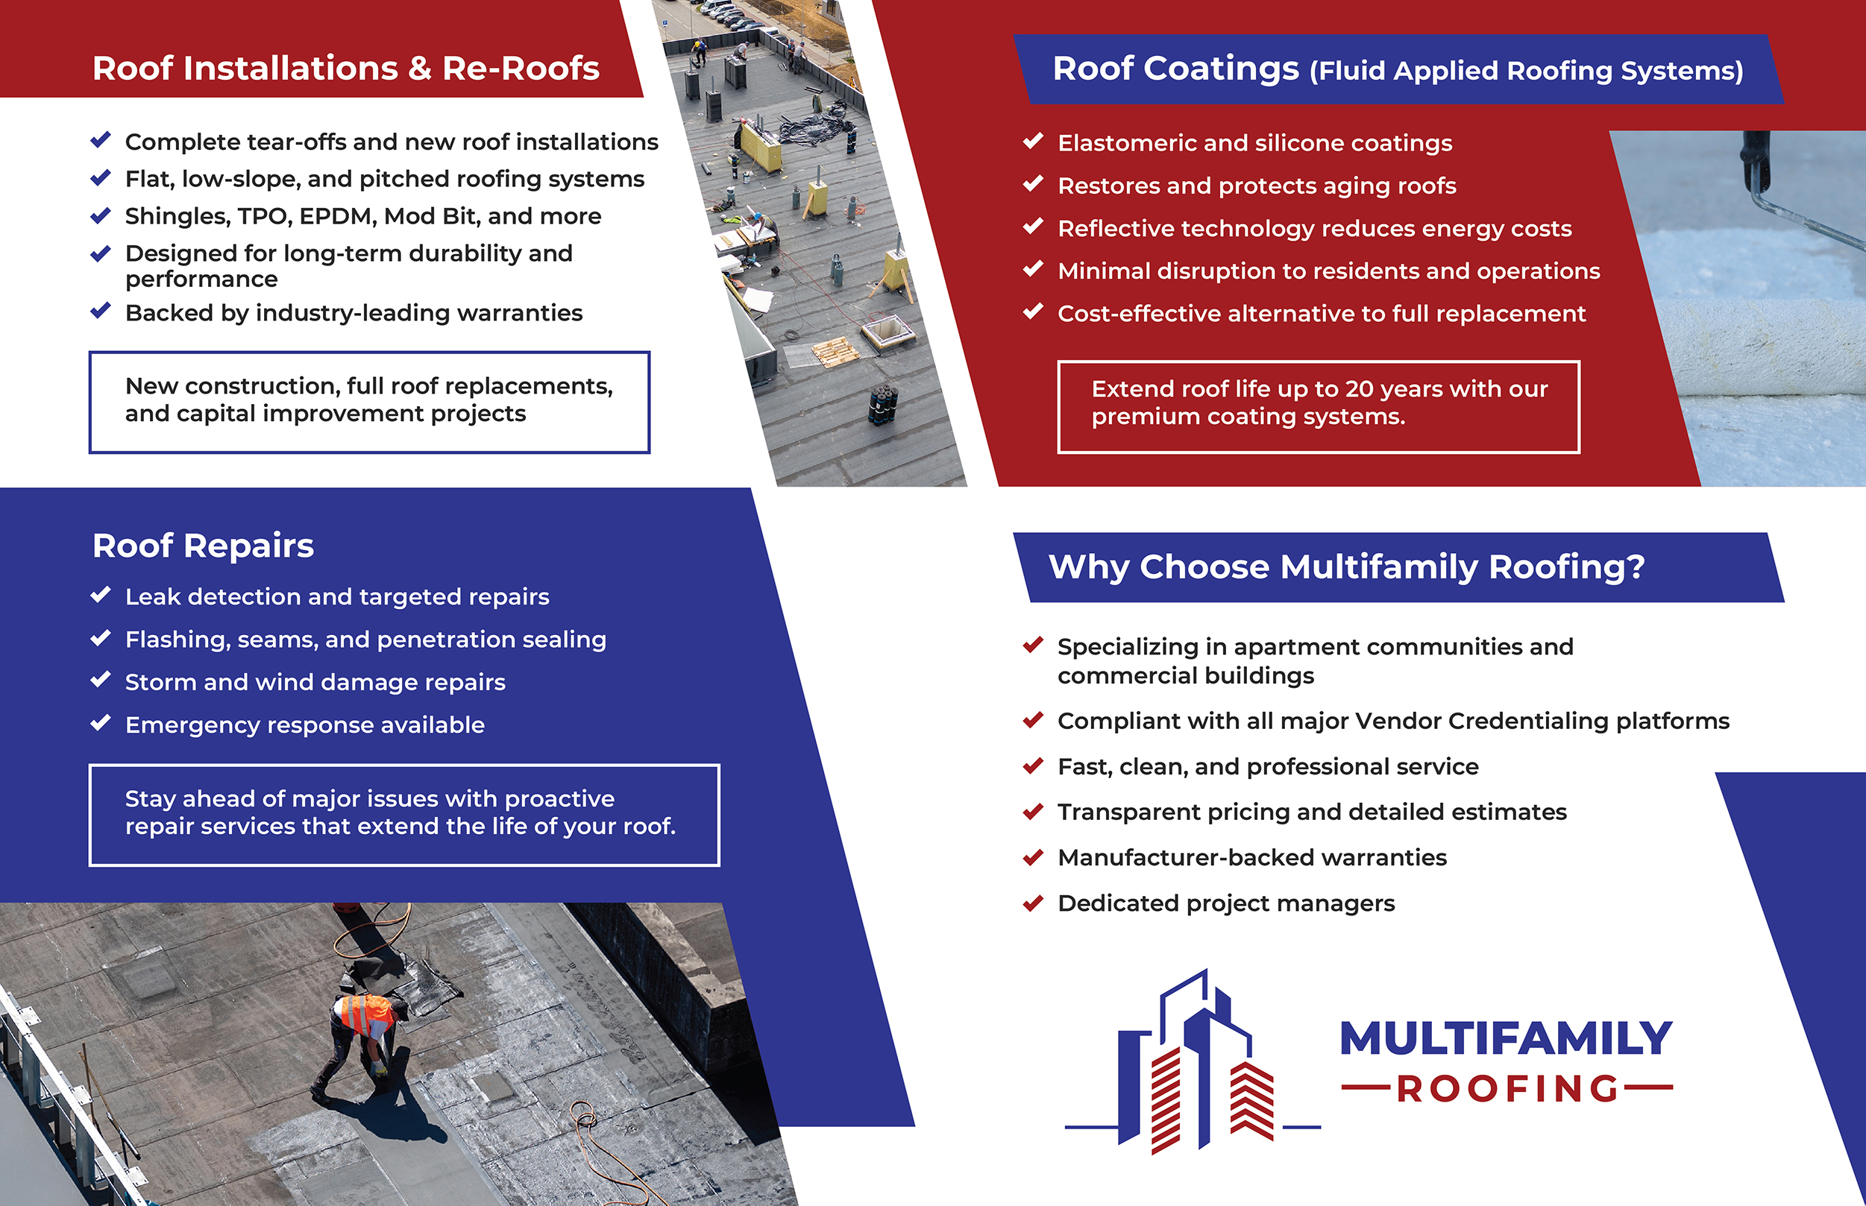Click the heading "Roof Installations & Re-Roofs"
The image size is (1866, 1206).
click(345, 69)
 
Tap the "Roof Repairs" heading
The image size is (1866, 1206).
click(203, 546)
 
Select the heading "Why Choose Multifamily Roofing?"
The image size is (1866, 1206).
click(1346, 567)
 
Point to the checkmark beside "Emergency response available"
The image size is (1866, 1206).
click(100, 723)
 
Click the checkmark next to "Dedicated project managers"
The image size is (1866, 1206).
click(1032, 903)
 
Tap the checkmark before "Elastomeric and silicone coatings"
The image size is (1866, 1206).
click(1032, 141)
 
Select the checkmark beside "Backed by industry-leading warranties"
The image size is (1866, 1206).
click(100, 311)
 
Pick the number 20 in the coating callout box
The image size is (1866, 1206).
click(1359, 389)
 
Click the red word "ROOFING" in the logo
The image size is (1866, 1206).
click(1507, 1088)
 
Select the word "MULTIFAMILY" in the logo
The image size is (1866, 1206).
click(1506, 1038)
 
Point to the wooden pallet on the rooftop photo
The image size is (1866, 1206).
click(834, 352)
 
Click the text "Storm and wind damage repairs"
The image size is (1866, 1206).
click(315, 682)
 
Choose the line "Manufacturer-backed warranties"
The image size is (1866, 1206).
click(1252, 857)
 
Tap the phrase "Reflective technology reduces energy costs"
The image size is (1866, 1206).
click(1315, 229)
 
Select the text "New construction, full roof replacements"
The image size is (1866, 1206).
click(368, 386)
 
